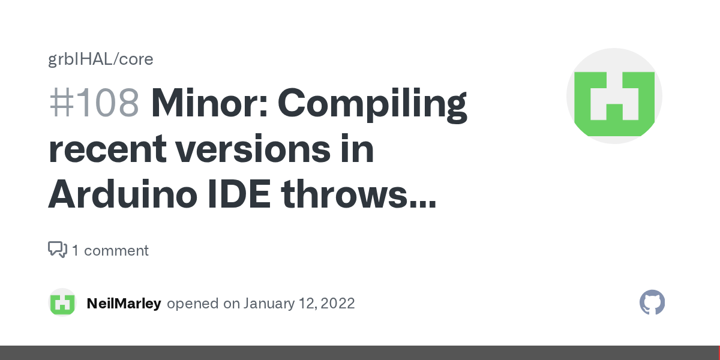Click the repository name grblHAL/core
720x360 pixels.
click(x=101, y=59)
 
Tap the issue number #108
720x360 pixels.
click(x=94, y=103)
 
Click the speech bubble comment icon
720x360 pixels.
click(x=58, y=250)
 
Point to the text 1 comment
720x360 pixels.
click(x=110, y=250)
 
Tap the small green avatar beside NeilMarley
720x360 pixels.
click(x=62, y=303)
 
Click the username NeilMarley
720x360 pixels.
click(x=124, y=304)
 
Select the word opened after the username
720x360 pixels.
click(x=193, y=304)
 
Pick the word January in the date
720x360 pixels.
click(x=268, y=304)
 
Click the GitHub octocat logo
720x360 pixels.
click(x=652, y=303)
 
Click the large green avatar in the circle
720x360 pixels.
click(x=614, y=96)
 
